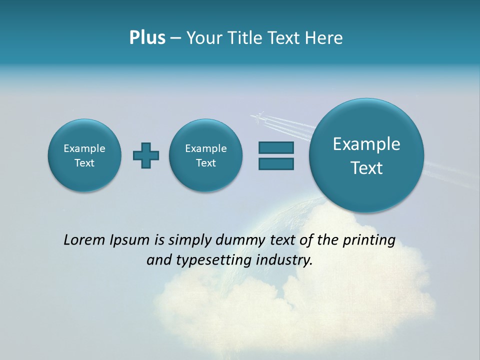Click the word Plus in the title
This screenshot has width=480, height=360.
[147, 38]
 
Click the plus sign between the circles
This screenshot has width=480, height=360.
[146, 155]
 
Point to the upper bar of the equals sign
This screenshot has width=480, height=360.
[276, 147]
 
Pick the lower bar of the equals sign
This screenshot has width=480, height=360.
[276, 163]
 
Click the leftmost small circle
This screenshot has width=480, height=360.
[84, 155]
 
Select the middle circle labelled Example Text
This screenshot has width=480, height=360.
[206, 155]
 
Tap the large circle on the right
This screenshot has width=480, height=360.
[366, 155]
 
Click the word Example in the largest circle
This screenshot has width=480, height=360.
[366, 144]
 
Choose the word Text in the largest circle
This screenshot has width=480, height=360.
[366, 168]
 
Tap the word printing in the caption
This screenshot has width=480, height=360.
[369, 240]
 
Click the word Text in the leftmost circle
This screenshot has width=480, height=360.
[84, 163]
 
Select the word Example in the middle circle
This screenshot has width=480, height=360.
[206, 148]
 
